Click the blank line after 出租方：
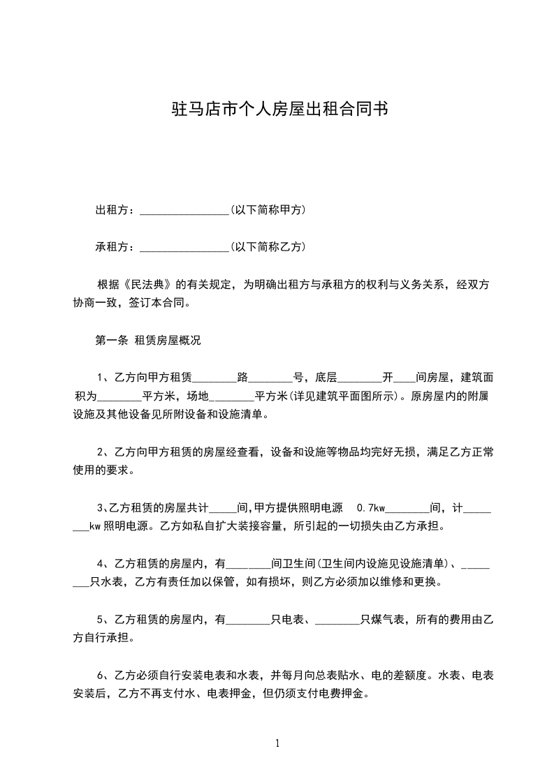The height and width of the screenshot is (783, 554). tap(184, 211)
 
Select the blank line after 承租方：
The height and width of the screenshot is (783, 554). tap(184, 248)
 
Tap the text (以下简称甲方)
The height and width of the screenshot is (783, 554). tap(268, 209)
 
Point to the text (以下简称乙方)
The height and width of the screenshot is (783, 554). tap(268, 246)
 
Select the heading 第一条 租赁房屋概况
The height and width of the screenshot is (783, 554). tap(147, 341)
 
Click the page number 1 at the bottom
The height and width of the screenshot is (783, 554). tap(277, 743)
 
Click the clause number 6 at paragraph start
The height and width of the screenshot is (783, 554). tap(99, 675)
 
